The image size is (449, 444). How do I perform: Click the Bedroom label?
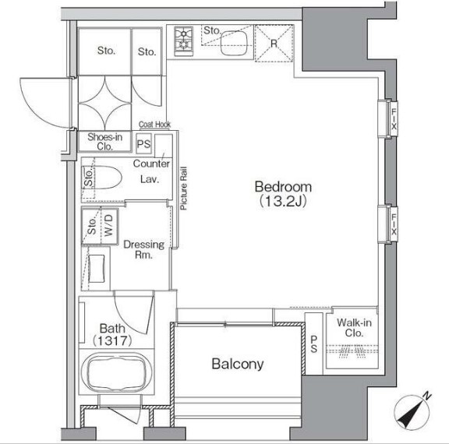click(283, 187)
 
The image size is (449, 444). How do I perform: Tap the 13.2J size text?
click(283, 202)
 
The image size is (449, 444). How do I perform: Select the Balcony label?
click(238, 365)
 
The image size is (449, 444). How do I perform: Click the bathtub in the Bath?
click(117, 372)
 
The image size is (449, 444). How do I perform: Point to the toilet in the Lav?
click(107, 178)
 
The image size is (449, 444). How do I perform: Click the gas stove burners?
click(183, 41)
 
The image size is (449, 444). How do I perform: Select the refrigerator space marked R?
click(274, 44)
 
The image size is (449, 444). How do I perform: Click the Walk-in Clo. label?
click(354, 328)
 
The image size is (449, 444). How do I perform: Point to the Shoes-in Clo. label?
click(104, 142)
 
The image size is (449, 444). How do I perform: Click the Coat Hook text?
click(154, 125)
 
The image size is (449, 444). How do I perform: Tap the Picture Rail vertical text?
click(183, 189)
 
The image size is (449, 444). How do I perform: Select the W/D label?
click(108, 226)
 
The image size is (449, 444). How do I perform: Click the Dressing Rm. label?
click(143, 249)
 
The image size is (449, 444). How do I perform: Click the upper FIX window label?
click(394, 118)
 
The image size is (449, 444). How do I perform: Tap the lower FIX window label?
click(394, 224)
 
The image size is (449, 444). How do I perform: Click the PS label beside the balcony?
click(314, 344)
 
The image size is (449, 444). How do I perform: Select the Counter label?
click(151, 164)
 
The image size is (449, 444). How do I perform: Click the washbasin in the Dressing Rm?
click(96, 269)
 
